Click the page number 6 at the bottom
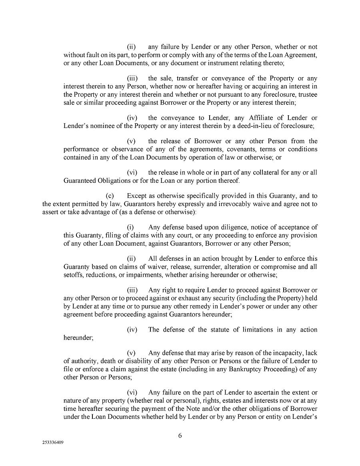[x=180, y=436]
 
